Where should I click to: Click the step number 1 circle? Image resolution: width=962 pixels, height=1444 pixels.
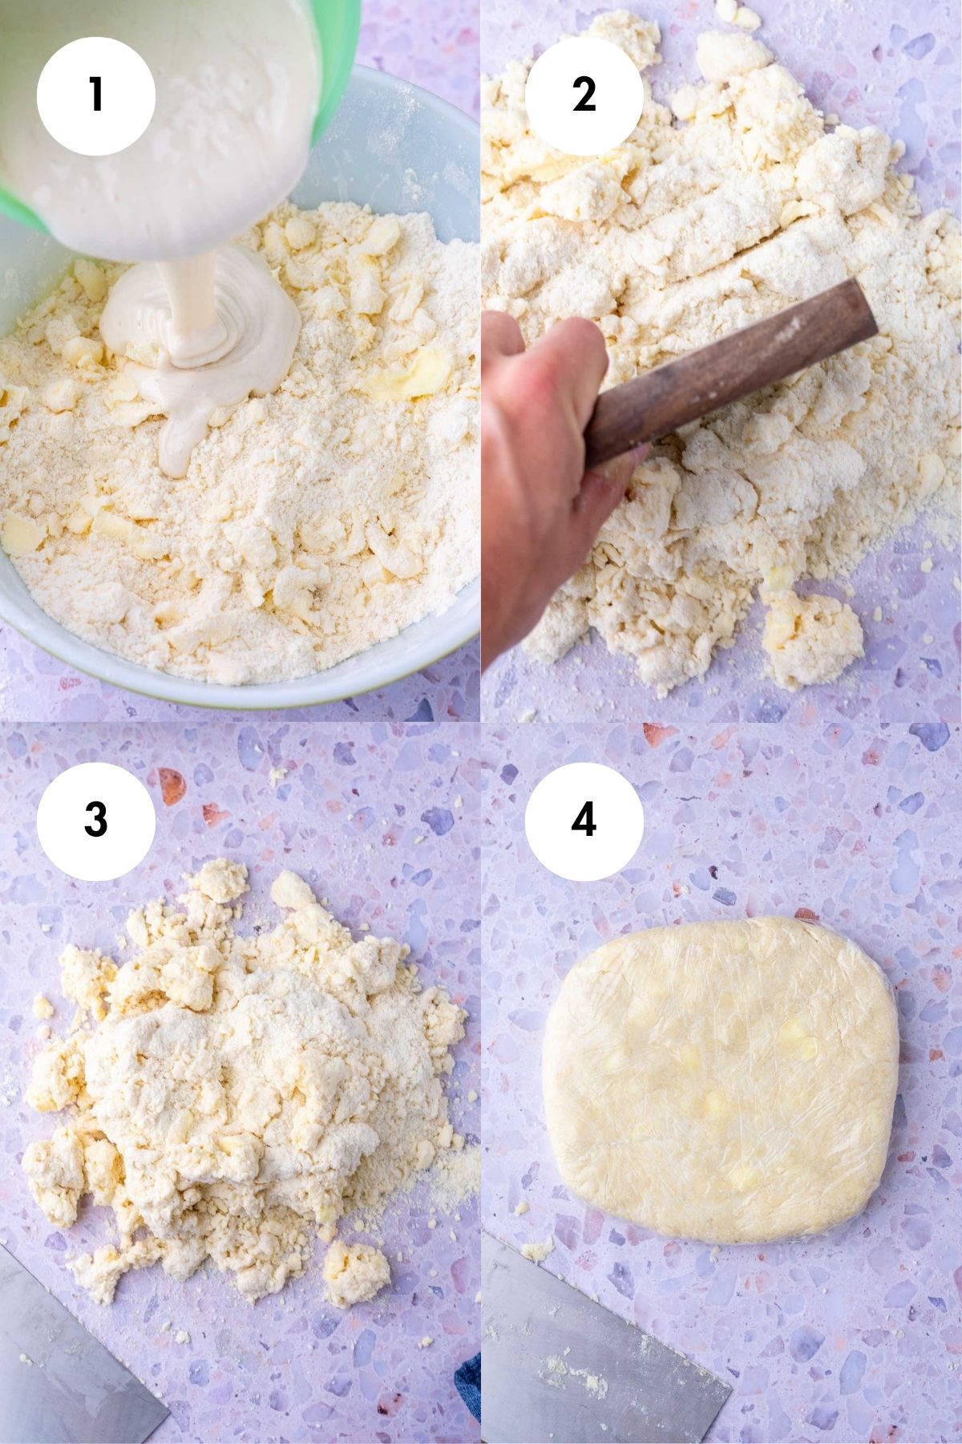95,95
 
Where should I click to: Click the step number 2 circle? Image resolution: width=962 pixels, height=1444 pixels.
584,95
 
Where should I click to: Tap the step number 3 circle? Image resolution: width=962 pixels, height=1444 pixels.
95,820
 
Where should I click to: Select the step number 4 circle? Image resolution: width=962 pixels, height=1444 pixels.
584,820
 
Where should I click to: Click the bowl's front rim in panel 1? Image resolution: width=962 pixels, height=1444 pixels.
240,690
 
